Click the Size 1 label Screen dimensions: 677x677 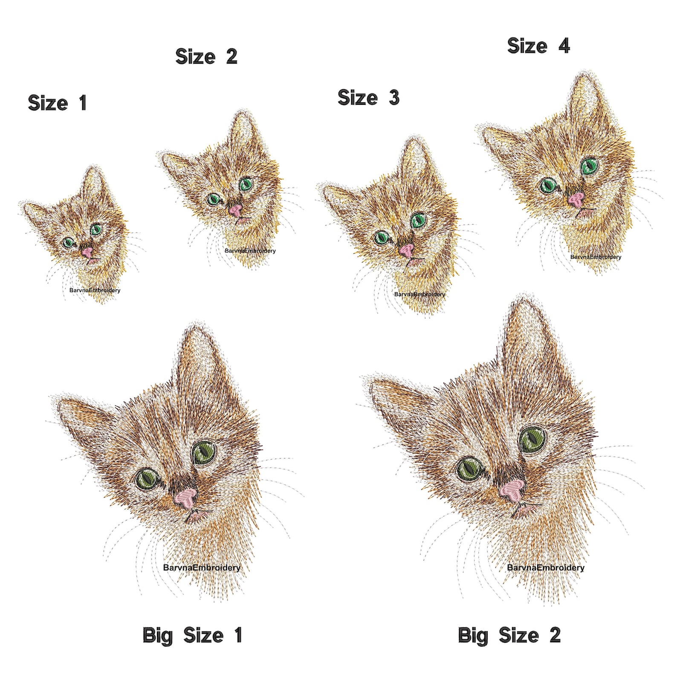(x=57, y=103)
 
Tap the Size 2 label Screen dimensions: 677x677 (x=206, y=56)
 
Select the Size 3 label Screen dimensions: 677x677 (x=368, y=98)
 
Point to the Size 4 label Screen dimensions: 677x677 (x=538, y=46)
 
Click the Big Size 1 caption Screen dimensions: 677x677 (x=192, y=635)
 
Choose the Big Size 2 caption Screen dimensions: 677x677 (x=509, y=635)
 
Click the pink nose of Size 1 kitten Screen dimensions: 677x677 (x=87, y=253)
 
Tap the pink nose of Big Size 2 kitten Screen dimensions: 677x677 (x=513, y=489)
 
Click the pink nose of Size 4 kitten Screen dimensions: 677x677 (x=576, y=200)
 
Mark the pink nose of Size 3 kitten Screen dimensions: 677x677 (x=407, y=250)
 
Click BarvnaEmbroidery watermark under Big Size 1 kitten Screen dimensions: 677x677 (x=202, y=567)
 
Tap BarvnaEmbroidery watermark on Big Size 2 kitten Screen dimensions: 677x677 (x=545, y=567)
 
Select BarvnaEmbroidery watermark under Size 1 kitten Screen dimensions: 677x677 (x=95, y=290)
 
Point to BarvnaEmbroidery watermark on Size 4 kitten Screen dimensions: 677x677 (x=596, y=257)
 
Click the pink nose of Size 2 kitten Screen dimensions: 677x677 (x=235, y=210)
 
